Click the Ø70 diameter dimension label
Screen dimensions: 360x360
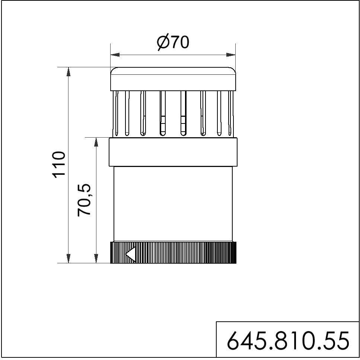point(173,42)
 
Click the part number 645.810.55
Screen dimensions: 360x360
point(288,340)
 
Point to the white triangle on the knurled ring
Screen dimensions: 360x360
point(130,254)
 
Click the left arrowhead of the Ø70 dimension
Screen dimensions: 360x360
point(115,55)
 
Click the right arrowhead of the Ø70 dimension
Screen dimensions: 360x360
point(231,55)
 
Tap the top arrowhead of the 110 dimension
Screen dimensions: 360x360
point(69,72)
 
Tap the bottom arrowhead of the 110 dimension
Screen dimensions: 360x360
point(69,258)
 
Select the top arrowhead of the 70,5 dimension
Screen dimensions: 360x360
point(96,142)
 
